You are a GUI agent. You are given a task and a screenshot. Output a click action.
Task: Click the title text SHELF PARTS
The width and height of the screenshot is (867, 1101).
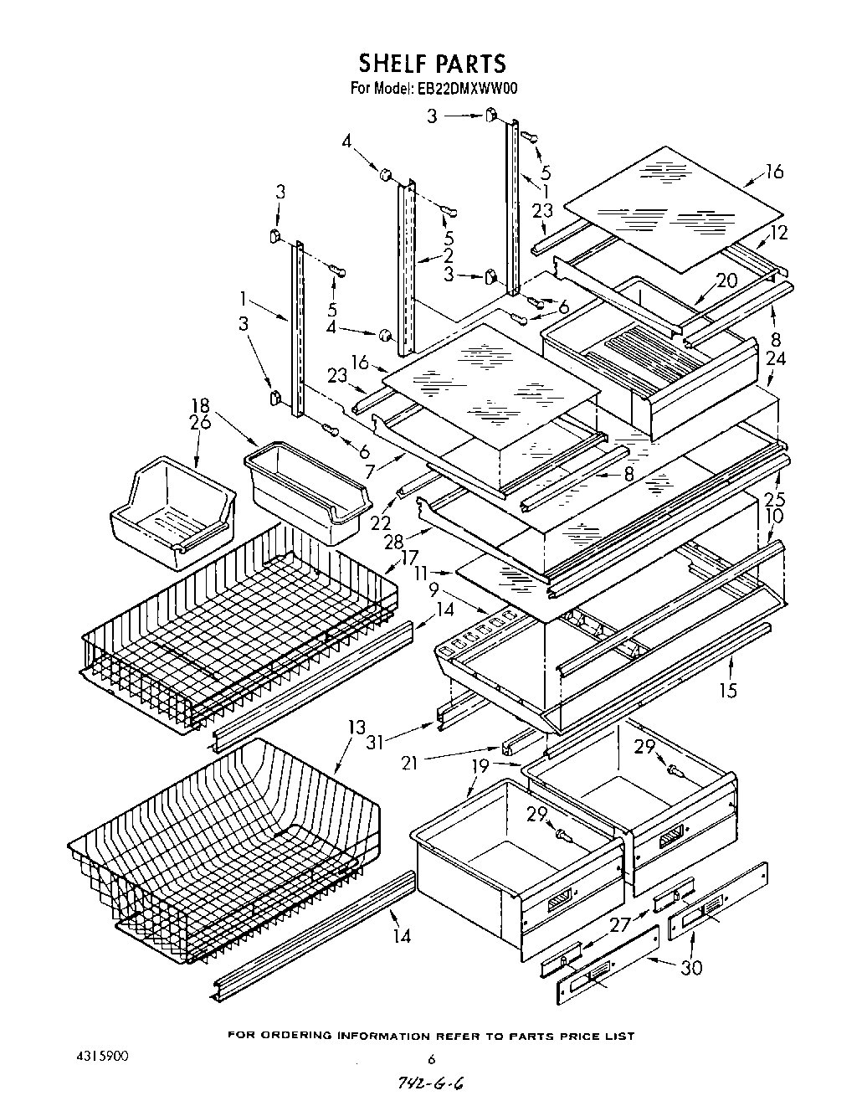432,63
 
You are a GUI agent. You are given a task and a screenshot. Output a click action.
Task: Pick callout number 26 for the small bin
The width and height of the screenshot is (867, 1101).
200,423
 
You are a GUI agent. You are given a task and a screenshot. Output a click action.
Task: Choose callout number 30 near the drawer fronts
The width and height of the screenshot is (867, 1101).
690,968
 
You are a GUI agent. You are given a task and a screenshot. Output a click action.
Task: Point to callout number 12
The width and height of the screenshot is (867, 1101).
779,233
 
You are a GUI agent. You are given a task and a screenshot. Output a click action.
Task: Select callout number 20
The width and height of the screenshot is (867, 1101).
726,280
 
